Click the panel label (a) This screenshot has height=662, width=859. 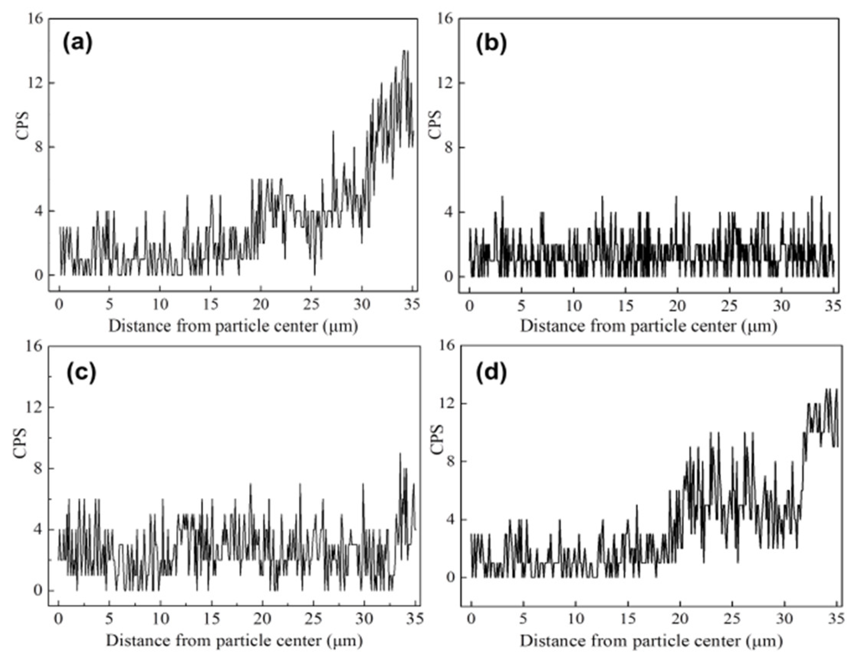pos(77,43)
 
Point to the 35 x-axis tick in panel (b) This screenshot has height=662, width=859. pos(831,306)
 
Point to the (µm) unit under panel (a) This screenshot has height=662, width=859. pos(342,327)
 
